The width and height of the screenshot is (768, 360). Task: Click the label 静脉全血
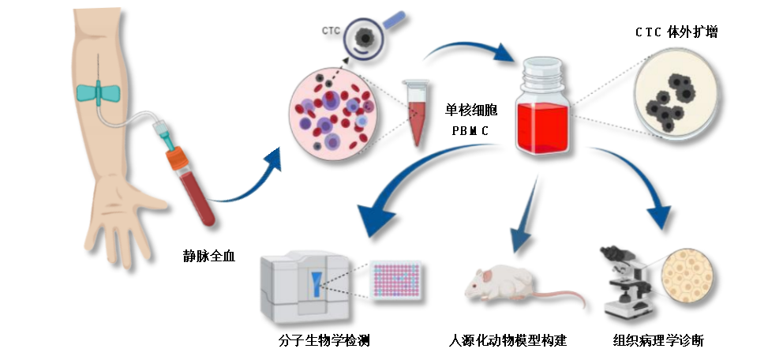click(x=209, y=256)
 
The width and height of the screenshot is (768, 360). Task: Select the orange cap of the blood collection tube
click(x=175, y=158)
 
